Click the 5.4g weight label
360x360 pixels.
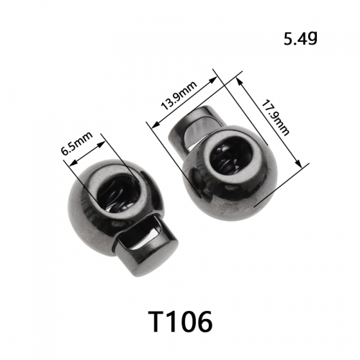(x=300, y=39)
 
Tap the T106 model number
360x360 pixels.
(x=180, y=321)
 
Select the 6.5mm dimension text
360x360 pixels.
(x=77, y=143)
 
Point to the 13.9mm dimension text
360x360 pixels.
(x=179, y=95)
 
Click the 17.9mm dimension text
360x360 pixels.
(x=275, y=118)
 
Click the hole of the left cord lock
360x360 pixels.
(x=118, y=194)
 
